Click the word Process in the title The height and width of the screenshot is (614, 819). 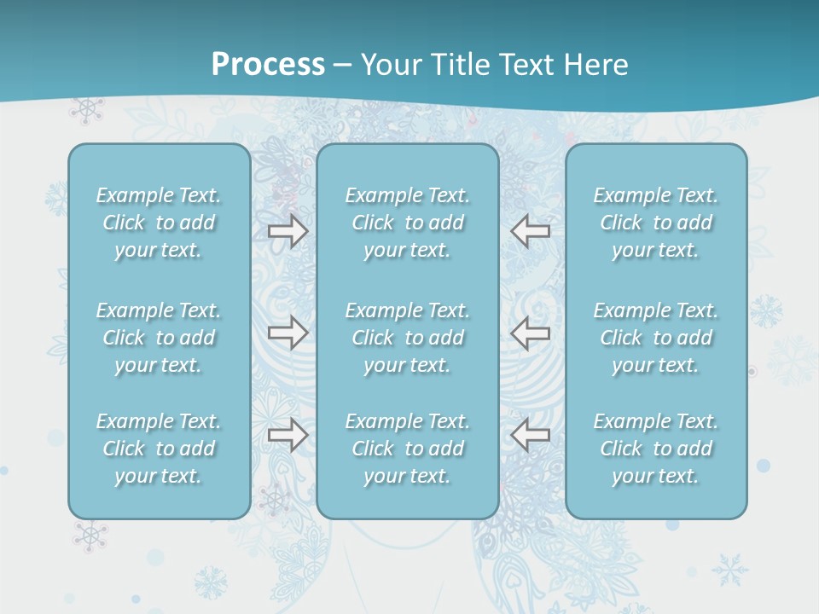[x=268, y=65]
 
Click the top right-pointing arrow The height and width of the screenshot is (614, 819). [x=288, y=231]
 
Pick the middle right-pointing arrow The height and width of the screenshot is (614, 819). [x=288, y=333]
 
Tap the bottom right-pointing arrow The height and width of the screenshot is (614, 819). [x=288, y=435]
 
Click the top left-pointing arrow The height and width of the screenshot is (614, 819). [x=530, y=231]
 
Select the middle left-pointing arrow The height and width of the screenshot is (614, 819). [x=530, y=333]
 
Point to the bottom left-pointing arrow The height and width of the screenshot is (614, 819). [x=530, y=435]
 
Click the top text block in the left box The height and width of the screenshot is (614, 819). [x=159, y=223]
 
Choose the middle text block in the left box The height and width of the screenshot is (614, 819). [x=159, y=338]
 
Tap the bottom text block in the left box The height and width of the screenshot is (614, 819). [x=159, y=449]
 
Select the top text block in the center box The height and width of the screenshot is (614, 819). [x=408, y=223]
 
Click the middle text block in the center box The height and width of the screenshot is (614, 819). [x=408, y=338]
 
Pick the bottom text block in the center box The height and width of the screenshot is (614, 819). [x=408, y=449]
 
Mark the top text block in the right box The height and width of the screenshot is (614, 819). [x=656, y=223]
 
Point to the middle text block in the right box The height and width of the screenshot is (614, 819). [x=656, y=338]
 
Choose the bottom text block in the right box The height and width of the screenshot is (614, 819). [x=656, y=449]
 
